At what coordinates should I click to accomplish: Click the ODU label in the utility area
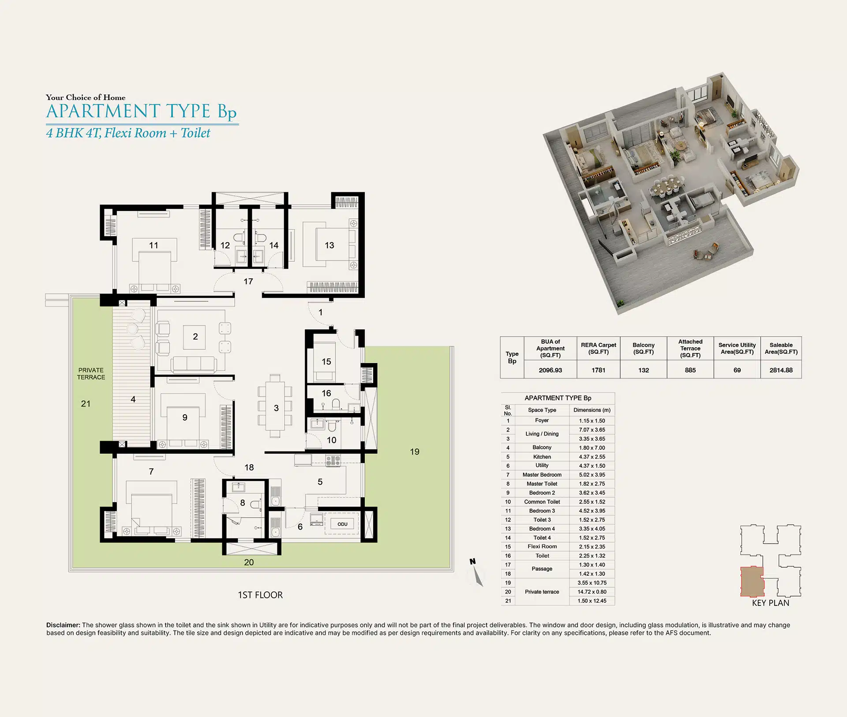point(342,524)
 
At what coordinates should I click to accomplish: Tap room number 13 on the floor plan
point(330,245)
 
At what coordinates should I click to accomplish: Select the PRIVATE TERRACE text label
point(91,374)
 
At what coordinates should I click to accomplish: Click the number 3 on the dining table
point(276,408)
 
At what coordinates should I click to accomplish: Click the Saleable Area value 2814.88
point(781,370)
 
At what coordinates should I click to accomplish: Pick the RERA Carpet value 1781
point(598,370)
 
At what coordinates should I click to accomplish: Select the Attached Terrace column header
point(690,348)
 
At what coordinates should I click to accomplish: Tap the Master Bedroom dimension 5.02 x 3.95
point(592,475)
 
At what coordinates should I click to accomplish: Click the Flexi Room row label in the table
point(542,547)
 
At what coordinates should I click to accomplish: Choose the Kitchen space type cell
point(542,457)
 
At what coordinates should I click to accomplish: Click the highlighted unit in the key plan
point(752,581)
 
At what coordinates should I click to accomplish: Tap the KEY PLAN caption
point(771,603)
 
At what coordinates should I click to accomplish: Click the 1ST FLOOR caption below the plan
point(260,595)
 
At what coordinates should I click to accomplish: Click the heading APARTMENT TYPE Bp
point(142,112)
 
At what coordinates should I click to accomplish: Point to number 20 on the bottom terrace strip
point(249,563)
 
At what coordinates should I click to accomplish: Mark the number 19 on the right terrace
point(415,452)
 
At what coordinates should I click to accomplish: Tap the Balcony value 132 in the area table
point(644,370)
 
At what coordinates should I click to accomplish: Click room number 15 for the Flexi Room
point(326,362)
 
